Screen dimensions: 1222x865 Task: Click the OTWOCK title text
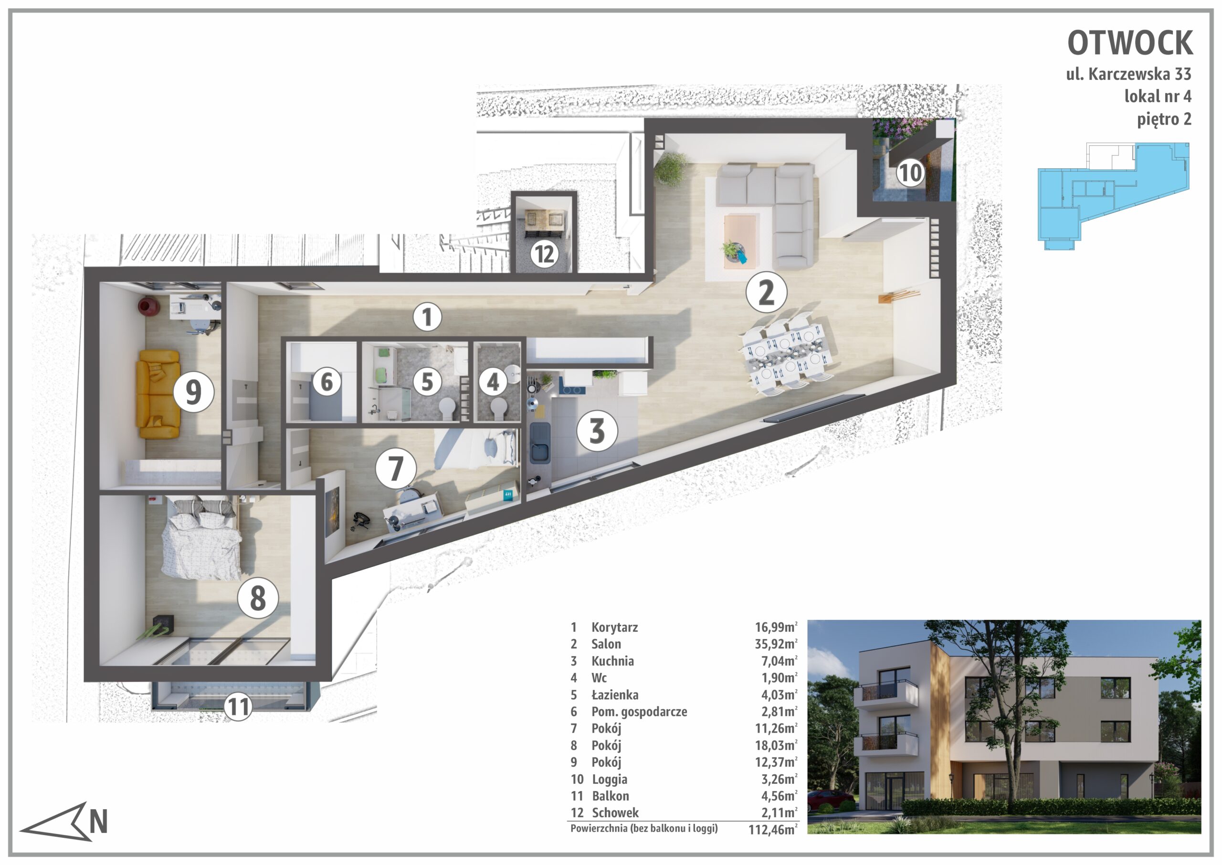tap(1130, 43)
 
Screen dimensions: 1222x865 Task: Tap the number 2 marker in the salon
tap(766, 292)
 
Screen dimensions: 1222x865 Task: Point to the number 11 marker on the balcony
tap(238, 707)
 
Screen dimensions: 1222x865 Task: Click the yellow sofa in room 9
tap(158, 394)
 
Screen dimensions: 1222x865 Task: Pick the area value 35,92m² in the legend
tap(776, 644)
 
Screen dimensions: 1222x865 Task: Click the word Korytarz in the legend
tap(614, 628)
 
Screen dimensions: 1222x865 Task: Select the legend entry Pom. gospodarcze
tap(639, 712)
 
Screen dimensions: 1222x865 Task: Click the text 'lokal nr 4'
tap(1158, 96)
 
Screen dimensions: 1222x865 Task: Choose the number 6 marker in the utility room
tap(326, 382)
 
